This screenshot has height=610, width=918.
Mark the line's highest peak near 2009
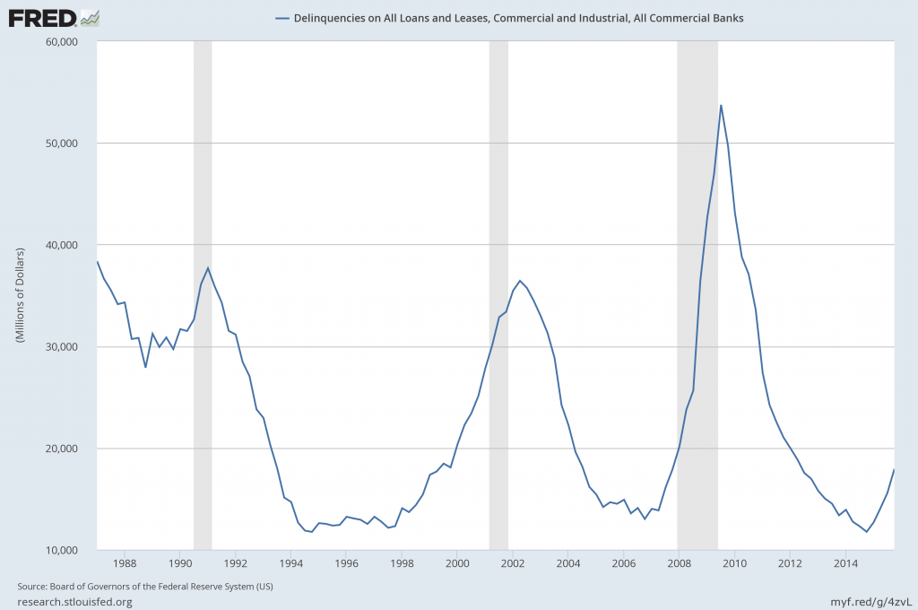pos(721,106)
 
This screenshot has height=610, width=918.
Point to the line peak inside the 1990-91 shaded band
pos(208,267)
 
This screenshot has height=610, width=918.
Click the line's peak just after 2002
pos(520,281)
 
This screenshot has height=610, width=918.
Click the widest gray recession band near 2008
pos(697,359)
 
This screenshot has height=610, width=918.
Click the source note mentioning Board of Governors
pos(145,587)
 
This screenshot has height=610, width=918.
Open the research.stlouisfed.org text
pos(74,601)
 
